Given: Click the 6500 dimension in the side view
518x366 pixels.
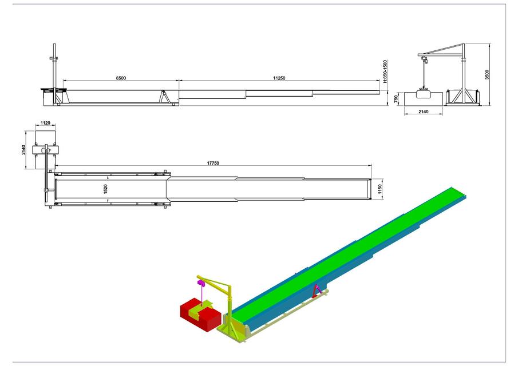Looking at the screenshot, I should pos(121,77).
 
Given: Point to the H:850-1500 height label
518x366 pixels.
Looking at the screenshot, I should pos(386,72).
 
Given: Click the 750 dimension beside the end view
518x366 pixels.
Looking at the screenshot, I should pos(396,98).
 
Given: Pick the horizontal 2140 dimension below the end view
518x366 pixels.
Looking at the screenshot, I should pos(423,112).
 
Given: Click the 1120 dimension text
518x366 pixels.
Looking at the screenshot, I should pos(46,123).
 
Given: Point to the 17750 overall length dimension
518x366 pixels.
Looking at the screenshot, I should pos(213,163).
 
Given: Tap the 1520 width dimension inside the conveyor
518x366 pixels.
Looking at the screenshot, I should pos(105,189).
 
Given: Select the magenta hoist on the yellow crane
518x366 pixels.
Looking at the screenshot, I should pos(201,283).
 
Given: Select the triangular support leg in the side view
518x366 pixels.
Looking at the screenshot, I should pos(166,97).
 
